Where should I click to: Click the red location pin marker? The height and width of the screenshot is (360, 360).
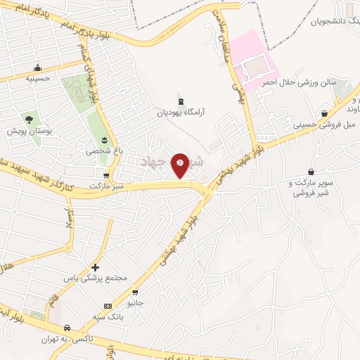click(181, 166)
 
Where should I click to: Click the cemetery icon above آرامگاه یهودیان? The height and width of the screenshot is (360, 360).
click(182, 99)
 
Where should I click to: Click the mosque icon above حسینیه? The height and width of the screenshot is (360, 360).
click(37, 68)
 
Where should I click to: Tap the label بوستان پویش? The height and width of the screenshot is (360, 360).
click(25, 131)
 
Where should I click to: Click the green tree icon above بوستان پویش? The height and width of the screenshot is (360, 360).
click(29, 120)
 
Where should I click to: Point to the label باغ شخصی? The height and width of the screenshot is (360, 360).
click(100, 150)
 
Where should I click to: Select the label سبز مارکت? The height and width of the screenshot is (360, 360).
click(106, 186)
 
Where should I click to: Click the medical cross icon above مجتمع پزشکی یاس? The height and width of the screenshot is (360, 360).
click(96, 267)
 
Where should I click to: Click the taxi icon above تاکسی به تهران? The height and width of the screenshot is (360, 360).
click(66, 328)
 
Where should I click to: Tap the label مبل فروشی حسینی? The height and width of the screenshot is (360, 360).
click(321, 124)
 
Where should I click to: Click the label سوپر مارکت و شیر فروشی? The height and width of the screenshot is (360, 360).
click(310, 188)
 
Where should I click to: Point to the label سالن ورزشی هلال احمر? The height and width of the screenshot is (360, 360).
click(308, 82)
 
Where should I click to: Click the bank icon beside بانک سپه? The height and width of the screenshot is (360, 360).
click(107, 306)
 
